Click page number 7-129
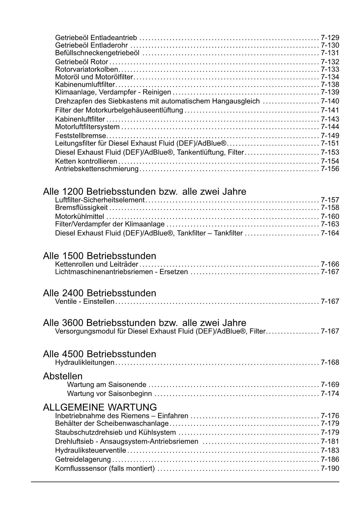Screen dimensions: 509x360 [x=330, y=38]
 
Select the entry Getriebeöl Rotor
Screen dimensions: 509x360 [x=82, y=62]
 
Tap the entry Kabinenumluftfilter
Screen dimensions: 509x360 [x=85, y=84]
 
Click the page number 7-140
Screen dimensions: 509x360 [x=330, y=101]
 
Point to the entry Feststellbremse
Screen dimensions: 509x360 [x=81, y=136]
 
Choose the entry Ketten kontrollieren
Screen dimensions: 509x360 [x=86, y=161]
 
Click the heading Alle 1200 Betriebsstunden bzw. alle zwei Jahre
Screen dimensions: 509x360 [x=144, y=192]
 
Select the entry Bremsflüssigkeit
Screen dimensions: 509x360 [x=81, y=208]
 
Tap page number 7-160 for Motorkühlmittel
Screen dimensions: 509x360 [x=330, y=217]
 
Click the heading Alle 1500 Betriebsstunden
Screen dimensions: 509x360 [x=100, y=256]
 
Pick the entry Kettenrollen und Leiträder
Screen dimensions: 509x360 [x=97, y=264]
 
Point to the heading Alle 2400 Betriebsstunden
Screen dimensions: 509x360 [x=100, y=293]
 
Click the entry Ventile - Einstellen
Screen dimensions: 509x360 [x=85, y=302]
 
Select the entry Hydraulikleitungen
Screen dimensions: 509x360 [x=85, y=362]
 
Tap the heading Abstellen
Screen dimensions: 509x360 [x=63, y=376]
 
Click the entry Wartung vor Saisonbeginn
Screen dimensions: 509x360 [x=109, y=394]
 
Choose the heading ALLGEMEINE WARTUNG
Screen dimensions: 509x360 [x=100, y=407]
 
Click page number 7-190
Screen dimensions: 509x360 [x=330, y=469]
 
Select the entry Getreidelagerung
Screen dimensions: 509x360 [x=83, y=460]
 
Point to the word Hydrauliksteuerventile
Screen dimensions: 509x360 [x=91, y=451]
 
